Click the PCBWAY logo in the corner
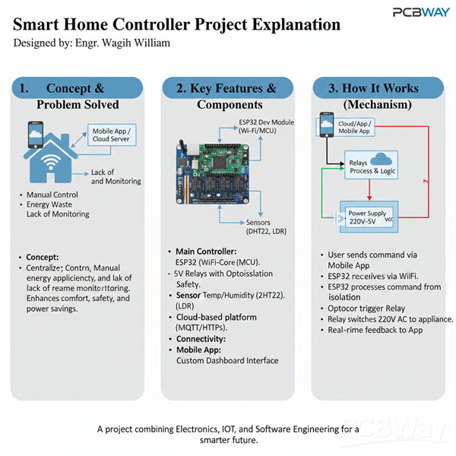tap(419, 11)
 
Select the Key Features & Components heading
tap(226, 96)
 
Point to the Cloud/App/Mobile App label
tap(356, 125)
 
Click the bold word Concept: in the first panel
tap(42, 257)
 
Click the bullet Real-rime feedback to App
tap(375, 330)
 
